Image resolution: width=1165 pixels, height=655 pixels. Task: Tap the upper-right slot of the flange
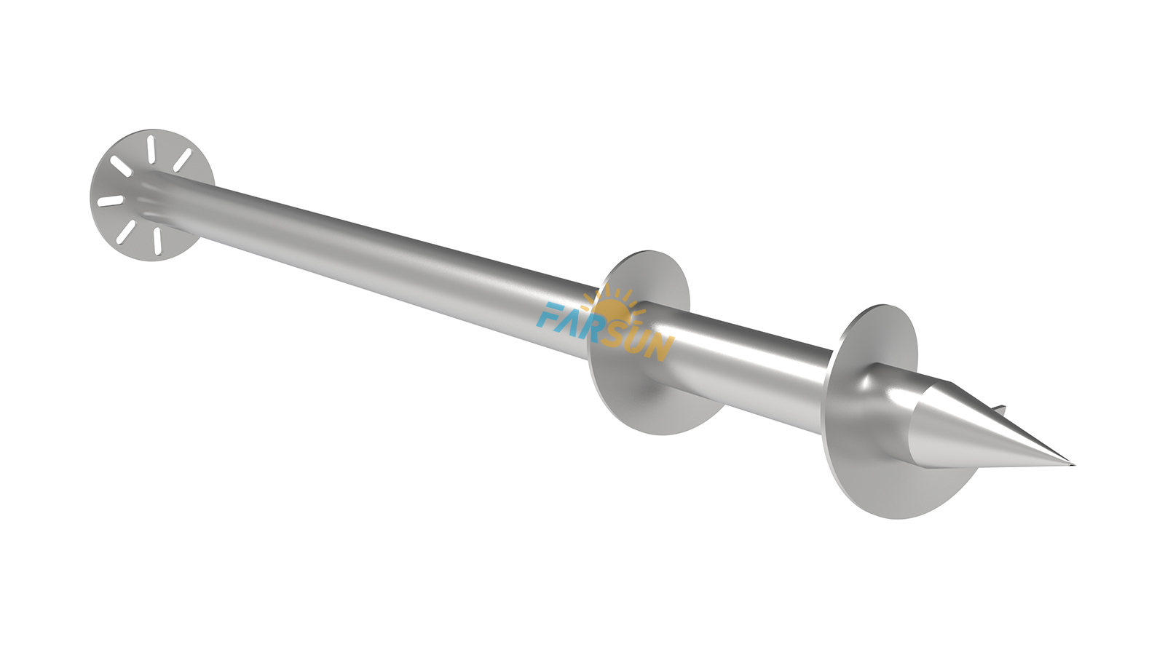click(182, 160)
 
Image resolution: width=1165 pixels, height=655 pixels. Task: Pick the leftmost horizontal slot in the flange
click(110, 201)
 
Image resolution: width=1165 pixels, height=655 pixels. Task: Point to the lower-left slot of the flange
click(127, 231)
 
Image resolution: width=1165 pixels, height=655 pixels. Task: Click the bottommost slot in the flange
click(157, 239)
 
